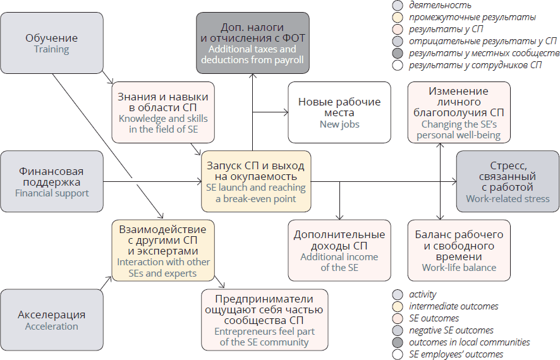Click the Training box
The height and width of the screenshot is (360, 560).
coord(52,44)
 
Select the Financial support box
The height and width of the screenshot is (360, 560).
coord(52,182)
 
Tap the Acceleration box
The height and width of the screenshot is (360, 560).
coord(52,320)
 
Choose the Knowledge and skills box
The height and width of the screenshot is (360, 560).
coord(164,112)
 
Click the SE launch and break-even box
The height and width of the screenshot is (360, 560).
coord(256,181)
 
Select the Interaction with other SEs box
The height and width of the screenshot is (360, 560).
coord(164,250)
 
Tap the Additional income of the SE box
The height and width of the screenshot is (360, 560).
coord(339,250)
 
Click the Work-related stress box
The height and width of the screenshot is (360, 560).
coord(508,181)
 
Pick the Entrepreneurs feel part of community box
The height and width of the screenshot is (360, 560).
coord(264,319)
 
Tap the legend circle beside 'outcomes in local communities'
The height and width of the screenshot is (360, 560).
coord(398,342)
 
